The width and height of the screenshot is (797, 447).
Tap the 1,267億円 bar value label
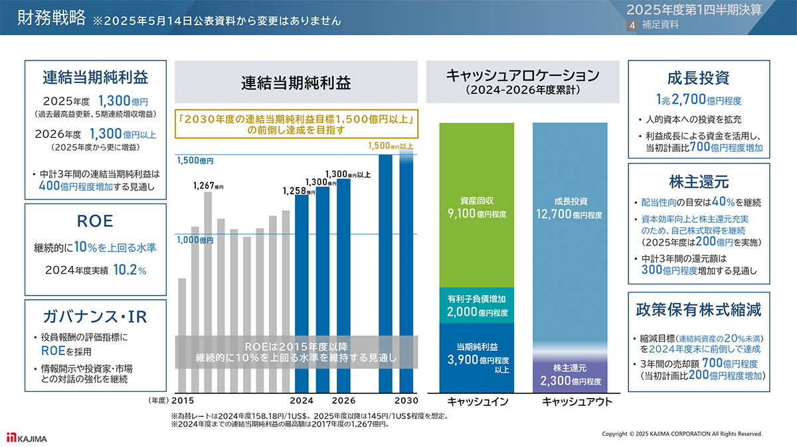(207, 186)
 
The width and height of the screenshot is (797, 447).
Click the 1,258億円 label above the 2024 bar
(299, 190)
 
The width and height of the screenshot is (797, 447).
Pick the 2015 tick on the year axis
(183, 401)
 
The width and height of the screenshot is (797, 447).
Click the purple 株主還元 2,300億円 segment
(570, 375)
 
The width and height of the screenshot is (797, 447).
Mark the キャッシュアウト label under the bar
(570, 401)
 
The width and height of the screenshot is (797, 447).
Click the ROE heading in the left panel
(95, 221)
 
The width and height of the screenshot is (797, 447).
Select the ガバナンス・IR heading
(95, 316)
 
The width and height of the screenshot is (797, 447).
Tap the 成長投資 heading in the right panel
(698, 77)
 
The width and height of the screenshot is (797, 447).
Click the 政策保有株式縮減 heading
(698, 309)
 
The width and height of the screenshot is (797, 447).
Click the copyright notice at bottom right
(681, 434)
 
